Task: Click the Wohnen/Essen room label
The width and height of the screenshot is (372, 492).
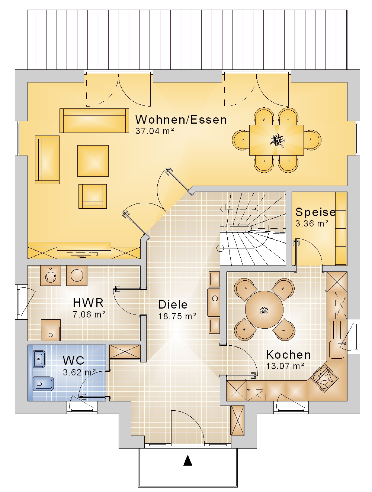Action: point(181,120)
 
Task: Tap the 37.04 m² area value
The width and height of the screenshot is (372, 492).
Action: point(155,131)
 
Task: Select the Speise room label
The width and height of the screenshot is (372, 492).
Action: point(315,212)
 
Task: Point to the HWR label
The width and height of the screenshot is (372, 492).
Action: point(88,303)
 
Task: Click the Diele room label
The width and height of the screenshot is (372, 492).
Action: point(173,304)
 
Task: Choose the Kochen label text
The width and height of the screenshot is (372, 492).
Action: point(288,355)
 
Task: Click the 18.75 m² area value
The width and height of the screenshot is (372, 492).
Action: point(177,316)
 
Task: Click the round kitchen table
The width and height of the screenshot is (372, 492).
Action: point(264,310)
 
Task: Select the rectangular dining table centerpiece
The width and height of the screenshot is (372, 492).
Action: point(278,140)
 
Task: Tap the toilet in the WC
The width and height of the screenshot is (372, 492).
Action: point(44,384)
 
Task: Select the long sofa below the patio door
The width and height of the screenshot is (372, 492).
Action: point(94,121)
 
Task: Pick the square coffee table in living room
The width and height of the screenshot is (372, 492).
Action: point(93,161)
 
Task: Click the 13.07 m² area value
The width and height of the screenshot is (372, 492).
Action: point(285,366)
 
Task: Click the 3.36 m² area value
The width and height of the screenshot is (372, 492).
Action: point(312,223)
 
